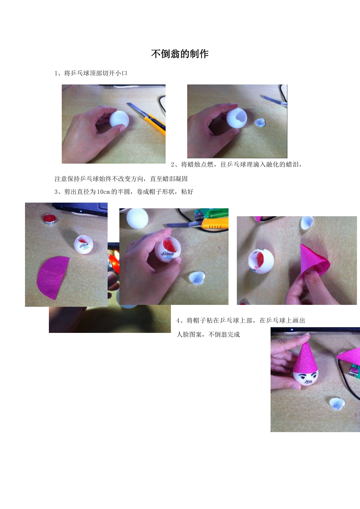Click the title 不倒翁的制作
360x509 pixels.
[180, 54]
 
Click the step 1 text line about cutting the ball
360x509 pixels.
[91, 73]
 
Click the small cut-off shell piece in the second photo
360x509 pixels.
[260, 122]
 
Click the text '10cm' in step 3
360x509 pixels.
[103, 192]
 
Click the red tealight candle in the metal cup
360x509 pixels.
[49, 219]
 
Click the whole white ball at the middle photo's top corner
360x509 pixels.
[137, 219]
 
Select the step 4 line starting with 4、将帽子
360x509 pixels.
[241, 320]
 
